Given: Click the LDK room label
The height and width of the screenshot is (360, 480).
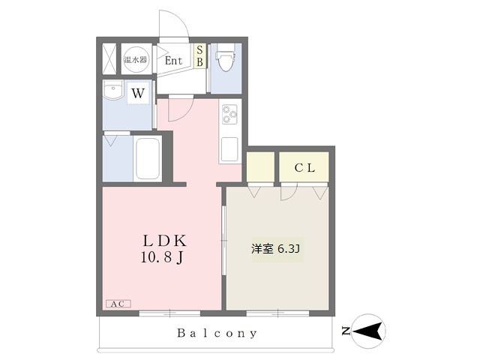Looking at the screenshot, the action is click(165, 241).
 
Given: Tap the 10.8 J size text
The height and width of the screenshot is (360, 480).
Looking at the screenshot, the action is click(163, 257).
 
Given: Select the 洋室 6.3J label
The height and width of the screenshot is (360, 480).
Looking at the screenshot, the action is click(275, 249).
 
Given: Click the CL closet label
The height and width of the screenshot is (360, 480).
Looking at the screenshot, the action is click(304, 168).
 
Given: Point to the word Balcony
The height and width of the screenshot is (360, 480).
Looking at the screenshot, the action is click(217, 333).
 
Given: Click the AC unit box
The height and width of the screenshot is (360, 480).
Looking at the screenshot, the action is click(118, 304).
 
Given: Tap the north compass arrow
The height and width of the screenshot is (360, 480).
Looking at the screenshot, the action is click(368, 331).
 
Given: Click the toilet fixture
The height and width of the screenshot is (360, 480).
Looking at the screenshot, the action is click(226, 57).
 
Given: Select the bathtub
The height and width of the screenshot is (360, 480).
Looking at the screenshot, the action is click(148, 159).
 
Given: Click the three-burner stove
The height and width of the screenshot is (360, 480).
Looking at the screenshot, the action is click(230, 114).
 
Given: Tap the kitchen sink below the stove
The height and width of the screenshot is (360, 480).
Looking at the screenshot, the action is click(229, 149).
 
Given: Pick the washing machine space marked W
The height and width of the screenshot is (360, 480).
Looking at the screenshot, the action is click(138, 93).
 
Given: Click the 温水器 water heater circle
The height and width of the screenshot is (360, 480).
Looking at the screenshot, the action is click(136, 59).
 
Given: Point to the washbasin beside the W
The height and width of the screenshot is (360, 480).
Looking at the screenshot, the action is click(113, 90).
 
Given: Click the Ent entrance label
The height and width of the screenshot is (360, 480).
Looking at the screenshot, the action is click(173, 61).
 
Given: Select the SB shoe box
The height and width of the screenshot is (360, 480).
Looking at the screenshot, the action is click(199, 56).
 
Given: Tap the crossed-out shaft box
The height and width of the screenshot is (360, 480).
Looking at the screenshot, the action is click(109, 59).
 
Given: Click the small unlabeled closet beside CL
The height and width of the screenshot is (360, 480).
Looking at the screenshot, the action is click(260, 167).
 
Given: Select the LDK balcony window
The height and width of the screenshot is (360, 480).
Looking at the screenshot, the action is click(170, 313).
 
